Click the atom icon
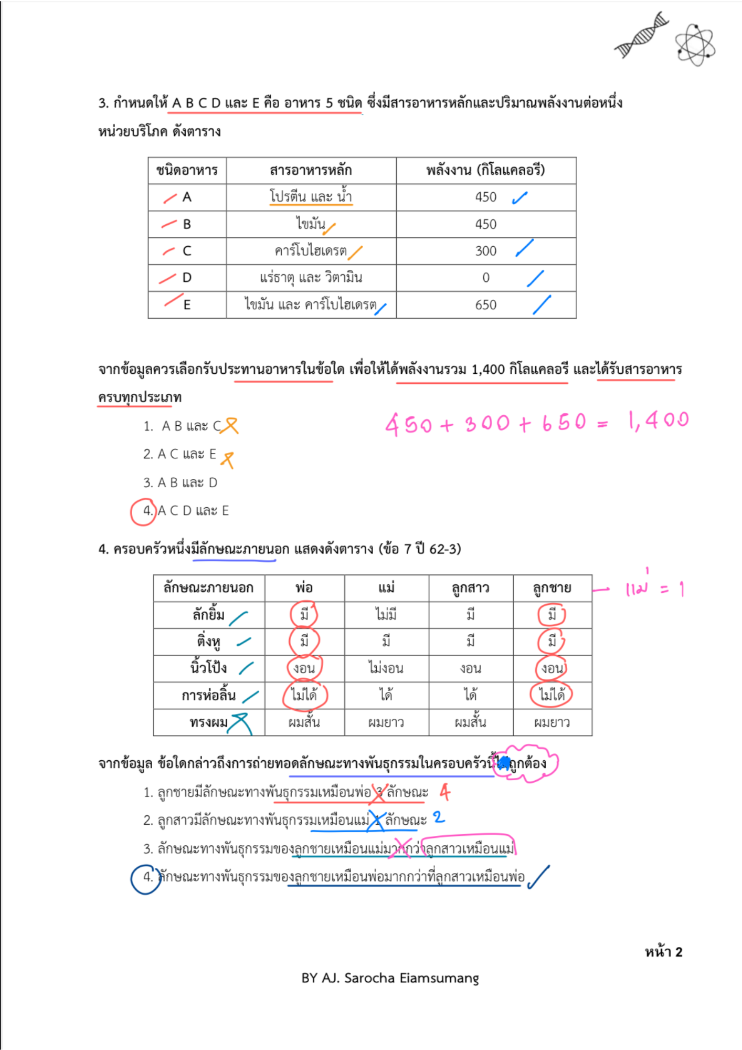click(695, 45)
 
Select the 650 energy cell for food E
click(485, 304)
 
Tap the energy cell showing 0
click(485, 277)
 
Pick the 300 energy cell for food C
click(485, 250)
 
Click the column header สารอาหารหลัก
click(311, 170)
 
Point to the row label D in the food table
click(187, 277)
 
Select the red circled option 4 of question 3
click(143, 511)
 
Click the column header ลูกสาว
click(470, 587)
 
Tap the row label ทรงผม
click(209, 722)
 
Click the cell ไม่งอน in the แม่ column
click(386, 668)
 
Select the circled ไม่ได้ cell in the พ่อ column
click(304, 695)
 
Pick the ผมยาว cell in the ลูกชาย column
click(552, 722)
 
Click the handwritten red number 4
click(445, 792)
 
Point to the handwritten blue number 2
click(439, 817)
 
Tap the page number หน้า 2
click(663, 952)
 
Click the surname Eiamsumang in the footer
click(439, 978)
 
